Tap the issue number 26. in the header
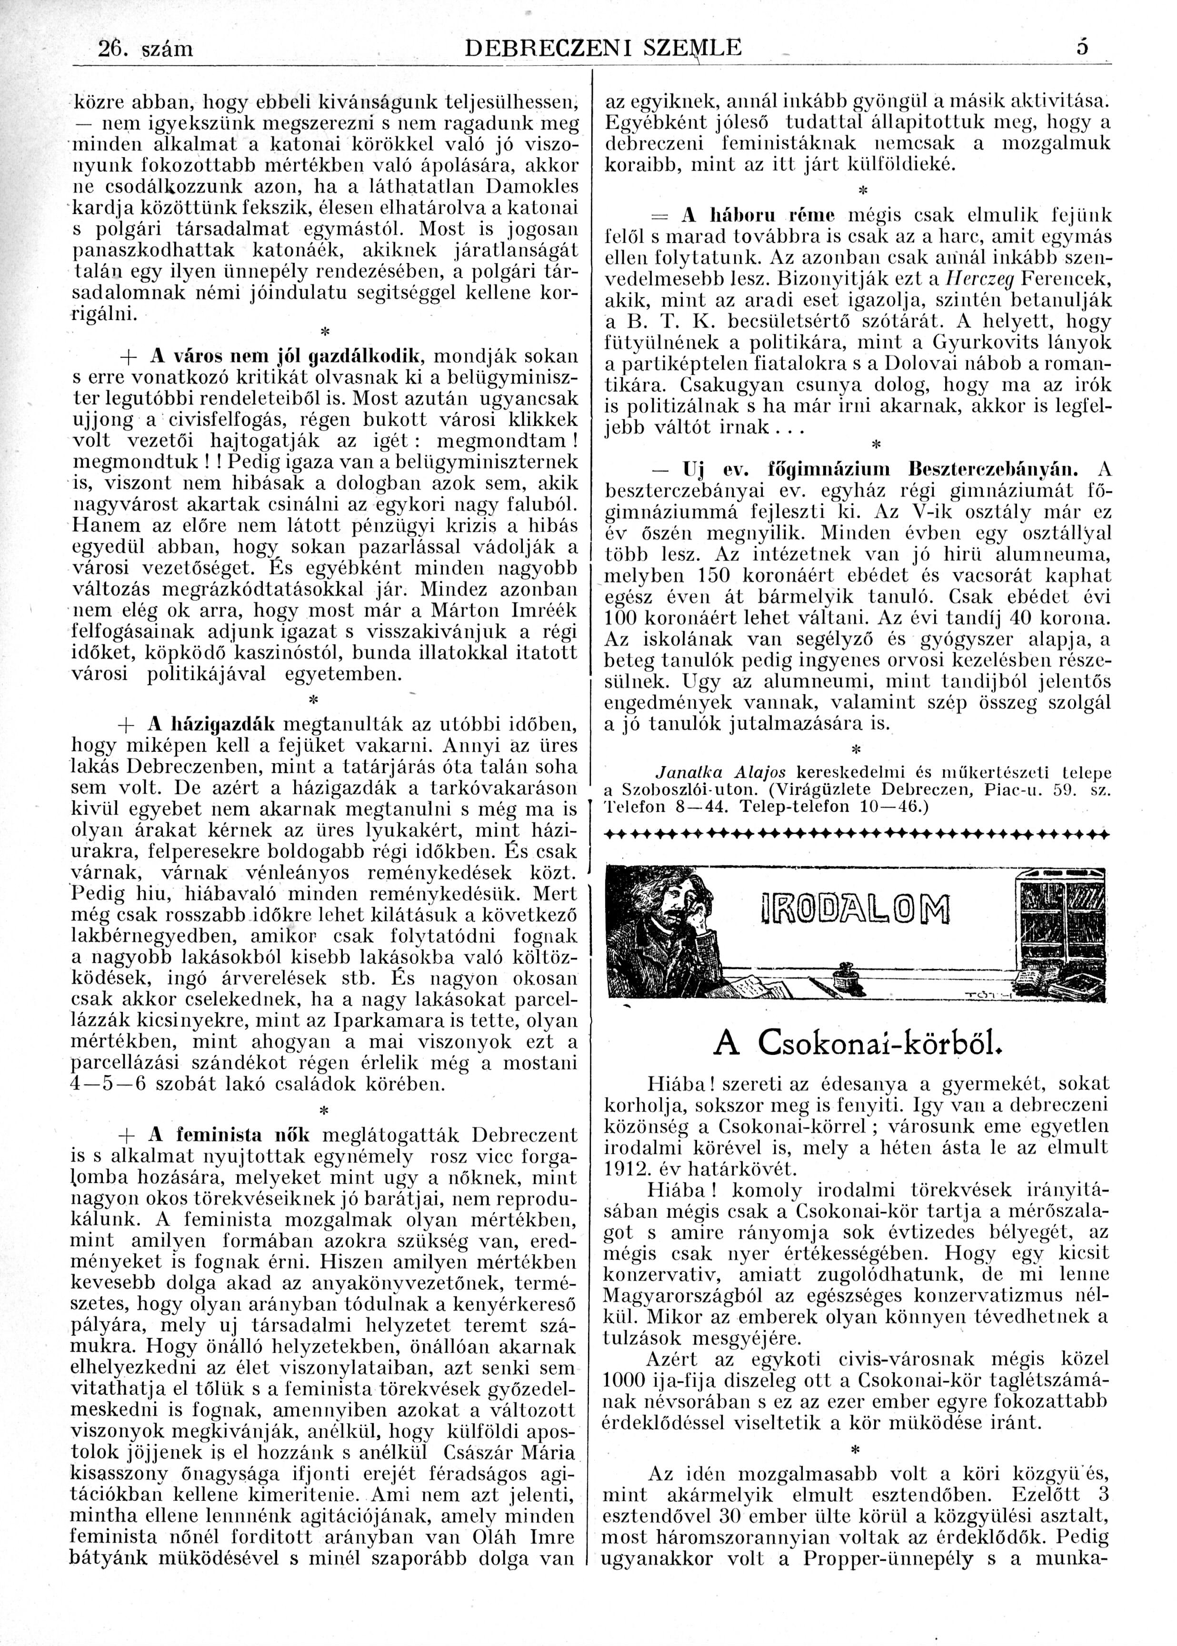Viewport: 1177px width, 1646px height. pyautogui.click(x=115, y=49)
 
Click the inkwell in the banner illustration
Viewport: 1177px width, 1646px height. pyautogui.click(x=842, y=976)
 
